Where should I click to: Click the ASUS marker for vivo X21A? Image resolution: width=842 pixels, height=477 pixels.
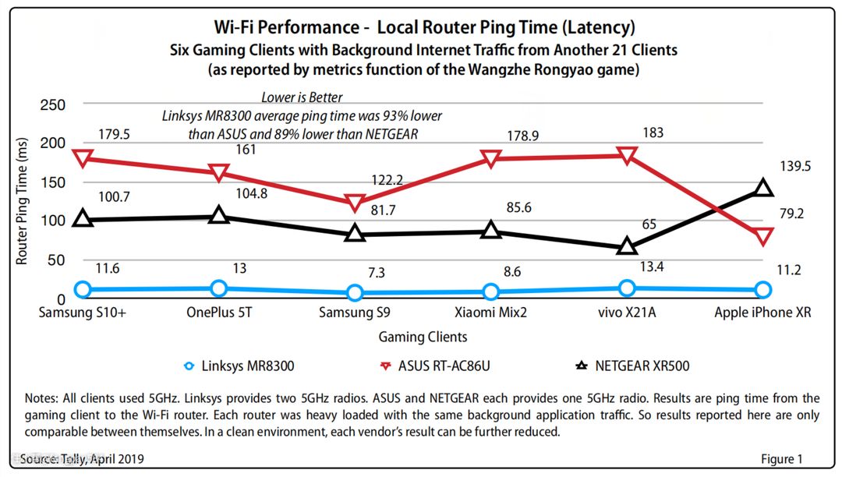pos(627,155)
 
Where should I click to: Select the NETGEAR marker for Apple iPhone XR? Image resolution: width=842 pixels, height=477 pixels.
pos(763,188)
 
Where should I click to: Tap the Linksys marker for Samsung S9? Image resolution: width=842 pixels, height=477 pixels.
pos(355,292)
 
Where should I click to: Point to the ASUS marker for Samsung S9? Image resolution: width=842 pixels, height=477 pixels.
pos(355,203)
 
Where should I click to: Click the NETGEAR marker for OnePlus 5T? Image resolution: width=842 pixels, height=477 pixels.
pos(219,215)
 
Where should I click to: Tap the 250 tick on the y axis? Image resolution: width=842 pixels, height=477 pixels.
pos(51,106)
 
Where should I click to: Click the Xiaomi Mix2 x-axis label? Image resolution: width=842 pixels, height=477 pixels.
pos(491,313)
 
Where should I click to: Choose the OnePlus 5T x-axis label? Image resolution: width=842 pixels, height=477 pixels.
pos(219,313)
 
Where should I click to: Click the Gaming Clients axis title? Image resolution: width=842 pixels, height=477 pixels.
pos(423,337)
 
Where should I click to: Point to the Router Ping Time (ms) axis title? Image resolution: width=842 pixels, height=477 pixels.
pos(23,200)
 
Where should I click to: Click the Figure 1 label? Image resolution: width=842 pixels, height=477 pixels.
pos(782,459)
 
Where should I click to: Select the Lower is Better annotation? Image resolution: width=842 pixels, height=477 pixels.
pos(302,97)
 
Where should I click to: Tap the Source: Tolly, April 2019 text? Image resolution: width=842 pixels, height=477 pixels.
pos(82,458)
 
